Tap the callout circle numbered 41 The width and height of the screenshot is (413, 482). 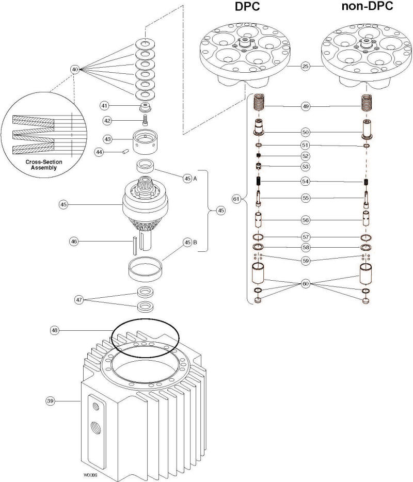coord(104,105)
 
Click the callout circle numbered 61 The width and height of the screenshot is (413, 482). coord(236,199)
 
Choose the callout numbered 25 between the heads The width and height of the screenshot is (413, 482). coord(306,67)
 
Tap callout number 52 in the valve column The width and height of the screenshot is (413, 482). coord(306,156)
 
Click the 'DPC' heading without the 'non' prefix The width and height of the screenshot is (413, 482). coord(241,8)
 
